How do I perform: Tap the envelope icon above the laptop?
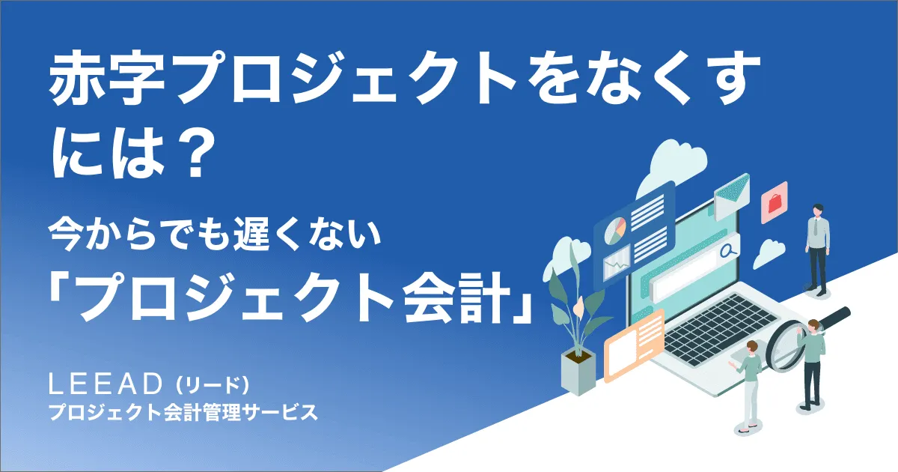pyautogui.click(x=731, y=193)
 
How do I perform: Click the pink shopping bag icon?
pyautogui.click(x=774, y=201)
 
